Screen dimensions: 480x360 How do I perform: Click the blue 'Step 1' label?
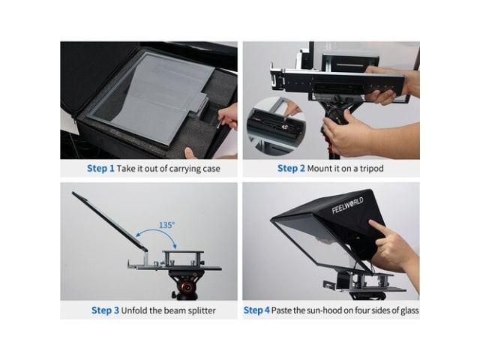click(100, 168)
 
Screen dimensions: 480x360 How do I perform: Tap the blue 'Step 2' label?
click(291, 168)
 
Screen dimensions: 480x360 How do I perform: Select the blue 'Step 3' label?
click(105, 310)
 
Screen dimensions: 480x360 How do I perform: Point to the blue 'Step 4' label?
click(256, 310)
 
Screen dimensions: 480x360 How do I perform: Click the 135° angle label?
click(166, 225)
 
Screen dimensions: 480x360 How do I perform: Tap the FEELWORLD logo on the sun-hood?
click(348, 205)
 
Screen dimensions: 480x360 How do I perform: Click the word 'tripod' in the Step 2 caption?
click(372, 169)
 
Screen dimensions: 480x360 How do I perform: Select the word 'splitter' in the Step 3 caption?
click(202, 310)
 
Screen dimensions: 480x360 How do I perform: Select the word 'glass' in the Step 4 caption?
click(408, 311)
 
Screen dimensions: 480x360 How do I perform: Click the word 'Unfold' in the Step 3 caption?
click(133, 310)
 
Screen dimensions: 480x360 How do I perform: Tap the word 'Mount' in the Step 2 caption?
click(317, 168)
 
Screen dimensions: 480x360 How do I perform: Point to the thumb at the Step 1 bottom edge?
click(191, 153)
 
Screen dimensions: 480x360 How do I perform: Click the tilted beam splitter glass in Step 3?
click(108, 218)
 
